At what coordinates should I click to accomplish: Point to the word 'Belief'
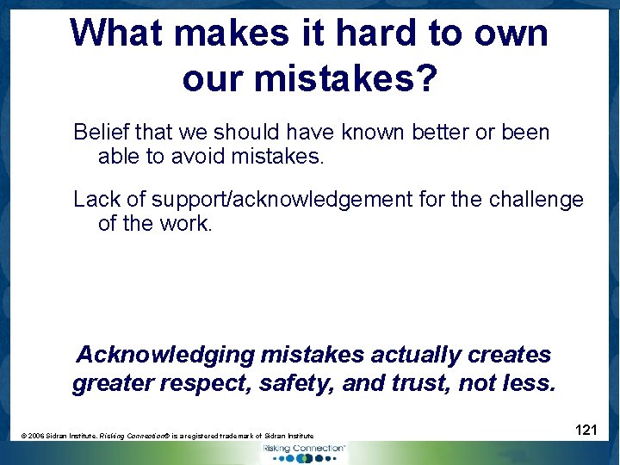pyautogui.click(x=100, y=133)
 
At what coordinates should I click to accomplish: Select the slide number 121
pyautogui.click(x=586, y=430)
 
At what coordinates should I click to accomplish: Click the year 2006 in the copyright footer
pyautogui.click(x=35, y=437)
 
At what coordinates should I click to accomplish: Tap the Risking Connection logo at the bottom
pyautogui.click(x=303, y=451)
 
